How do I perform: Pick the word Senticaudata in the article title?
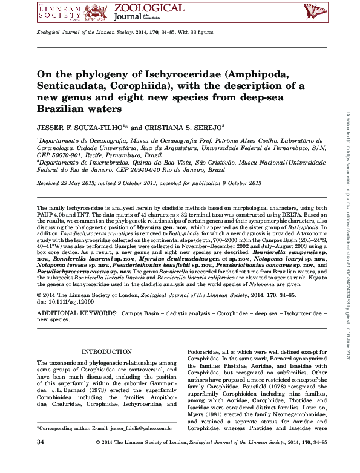[77, 88]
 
